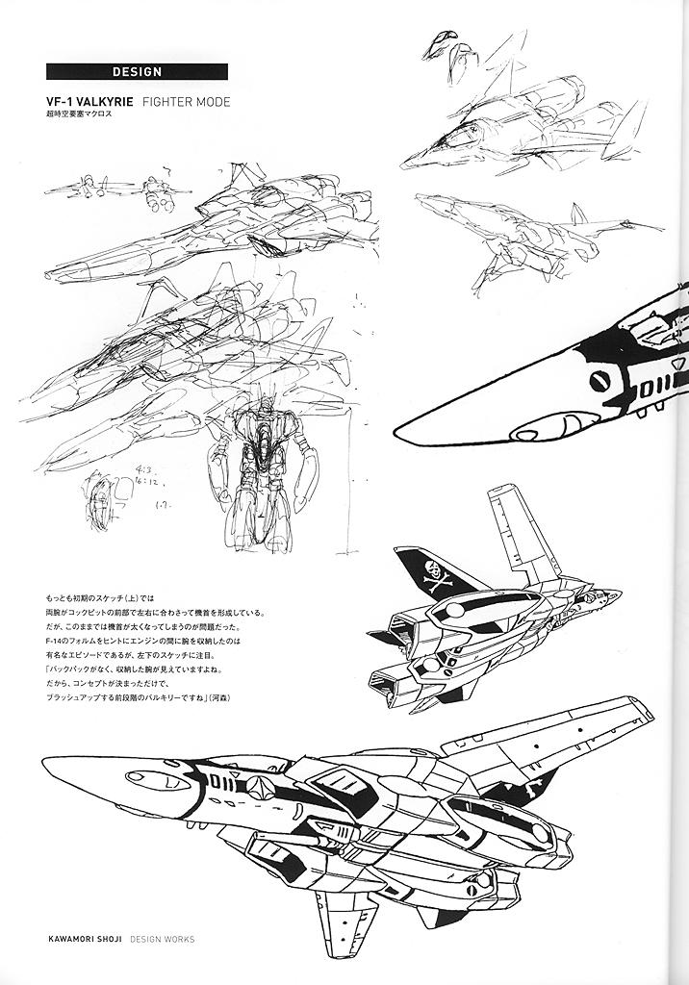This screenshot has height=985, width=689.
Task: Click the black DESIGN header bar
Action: coord(137,71)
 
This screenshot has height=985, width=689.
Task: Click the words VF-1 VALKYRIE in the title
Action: coord(89,101)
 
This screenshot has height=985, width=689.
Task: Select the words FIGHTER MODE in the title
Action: coord(187,101)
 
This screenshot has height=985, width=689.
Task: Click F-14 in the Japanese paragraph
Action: coord(55,641)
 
